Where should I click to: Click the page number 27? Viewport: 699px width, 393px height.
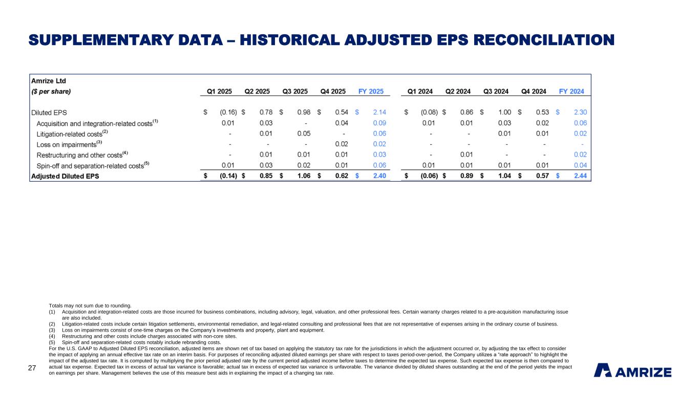point(32,367)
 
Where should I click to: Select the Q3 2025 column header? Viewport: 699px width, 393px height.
point(295,92)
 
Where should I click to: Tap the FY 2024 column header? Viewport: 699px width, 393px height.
point(571,92)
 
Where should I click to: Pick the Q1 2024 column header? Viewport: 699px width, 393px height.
point(420,92)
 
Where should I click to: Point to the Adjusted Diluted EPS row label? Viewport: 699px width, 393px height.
point(65,176)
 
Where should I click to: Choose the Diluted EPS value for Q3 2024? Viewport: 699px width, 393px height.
point(506,112)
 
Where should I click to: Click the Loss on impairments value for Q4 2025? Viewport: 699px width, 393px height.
point(342,144)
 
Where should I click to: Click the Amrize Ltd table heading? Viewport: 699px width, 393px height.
point(49,81)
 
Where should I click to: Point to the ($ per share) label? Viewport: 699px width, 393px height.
point(51,92)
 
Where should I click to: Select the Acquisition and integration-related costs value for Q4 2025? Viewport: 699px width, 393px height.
point(342,123)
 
